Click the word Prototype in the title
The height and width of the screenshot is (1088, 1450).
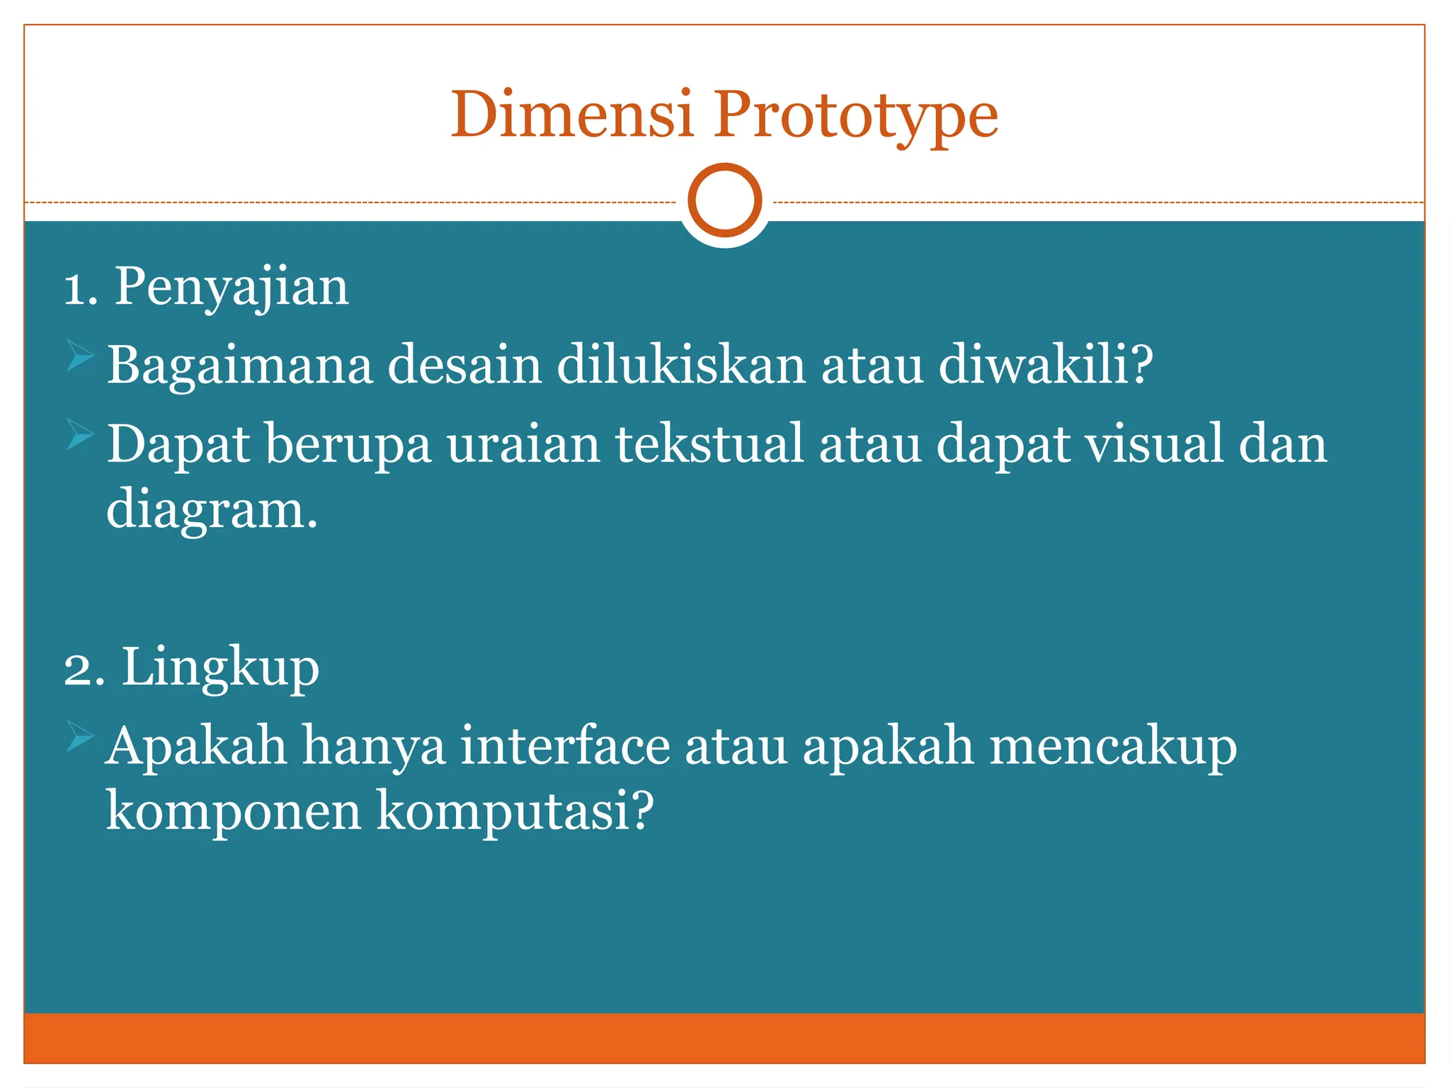855,117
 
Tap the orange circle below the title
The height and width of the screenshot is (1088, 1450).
724,200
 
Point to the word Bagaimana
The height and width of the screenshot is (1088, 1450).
239,366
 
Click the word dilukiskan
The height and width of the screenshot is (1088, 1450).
680,365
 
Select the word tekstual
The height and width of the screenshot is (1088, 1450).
709,444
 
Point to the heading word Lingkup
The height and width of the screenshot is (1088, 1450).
220,668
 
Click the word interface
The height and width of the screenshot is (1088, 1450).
565,746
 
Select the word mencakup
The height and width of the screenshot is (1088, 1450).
1112,747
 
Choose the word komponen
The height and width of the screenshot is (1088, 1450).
234,812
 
